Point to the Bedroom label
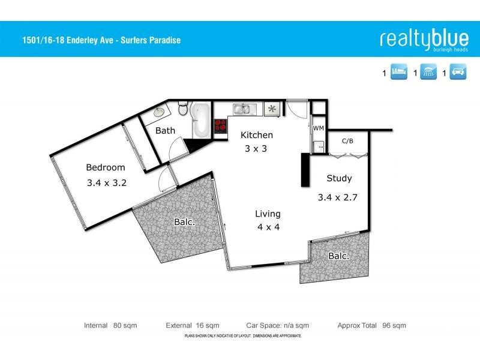click(x=106, y=167)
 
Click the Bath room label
click(x=165, y=130)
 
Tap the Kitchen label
click(x=257, y=135)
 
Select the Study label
click(x=339, y=178)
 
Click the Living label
click(x=268, y=214)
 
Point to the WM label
click(x=318, y=128)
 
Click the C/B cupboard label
click(x=347, y=142)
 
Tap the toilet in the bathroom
click(x=184, y=109)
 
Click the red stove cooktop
click(x=221, y=126)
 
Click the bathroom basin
click(x=159, y=112)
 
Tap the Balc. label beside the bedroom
click(x=184, y=222)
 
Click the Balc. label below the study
click(x=339, y=256)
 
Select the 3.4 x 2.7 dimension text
click(x=338, y=196)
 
